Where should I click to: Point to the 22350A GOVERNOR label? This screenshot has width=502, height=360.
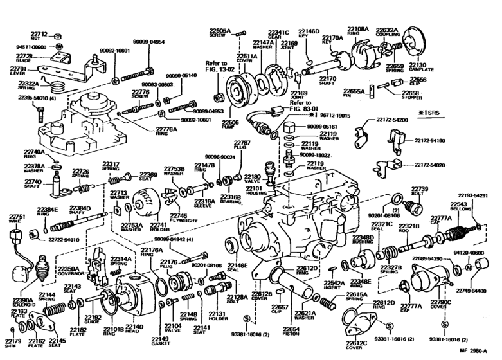coord(68,273)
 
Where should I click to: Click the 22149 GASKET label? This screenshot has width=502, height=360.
coord(160,341)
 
